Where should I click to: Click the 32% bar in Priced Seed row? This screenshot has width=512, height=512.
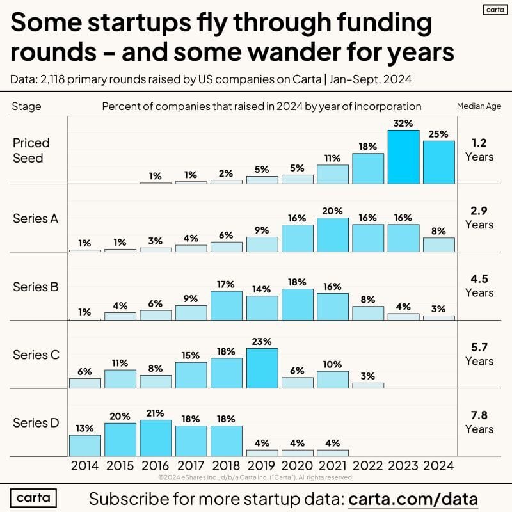tap(403, 157)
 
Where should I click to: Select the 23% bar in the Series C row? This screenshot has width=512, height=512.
tap(262, 368)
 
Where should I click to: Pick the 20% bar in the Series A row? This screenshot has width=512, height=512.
tap(333, 234)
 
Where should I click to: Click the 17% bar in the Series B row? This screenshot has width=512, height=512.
tap(227, 305)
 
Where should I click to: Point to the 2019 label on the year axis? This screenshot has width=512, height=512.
tap(262, 465)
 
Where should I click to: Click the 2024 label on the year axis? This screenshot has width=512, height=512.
tap(438, 465)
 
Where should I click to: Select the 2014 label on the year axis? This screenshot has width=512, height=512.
tap(85, 465)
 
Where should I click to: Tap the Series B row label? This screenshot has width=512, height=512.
tap(36, 287)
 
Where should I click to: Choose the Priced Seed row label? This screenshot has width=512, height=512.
tap(31, 150)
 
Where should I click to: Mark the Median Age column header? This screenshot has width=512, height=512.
tap(479, 106)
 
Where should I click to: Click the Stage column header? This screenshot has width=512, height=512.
tap(26, 106)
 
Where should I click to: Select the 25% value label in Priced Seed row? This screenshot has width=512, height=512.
tap(438, 133)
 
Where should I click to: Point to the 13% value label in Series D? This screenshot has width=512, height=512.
tap(85, 428)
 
